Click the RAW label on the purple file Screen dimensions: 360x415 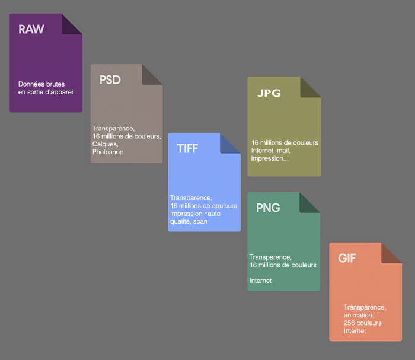pos(31,29)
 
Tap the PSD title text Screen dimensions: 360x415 pos(110,79)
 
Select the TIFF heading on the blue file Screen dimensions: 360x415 pos(187,148)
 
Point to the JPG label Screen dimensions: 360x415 pos(269,93)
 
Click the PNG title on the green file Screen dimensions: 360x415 pos(268,208)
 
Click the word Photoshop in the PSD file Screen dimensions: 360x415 pos(108,152)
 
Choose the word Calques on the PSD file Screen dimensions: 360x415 pos(106,144)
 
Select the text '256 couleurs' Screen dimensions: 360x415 pos(362,323)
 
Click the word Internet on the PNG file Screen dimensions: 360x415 pos(260,281)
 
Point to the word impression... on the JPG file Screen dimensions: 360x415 pos(270,159)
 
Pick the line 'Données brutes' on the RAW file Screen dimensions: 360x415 pos(41,84)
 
